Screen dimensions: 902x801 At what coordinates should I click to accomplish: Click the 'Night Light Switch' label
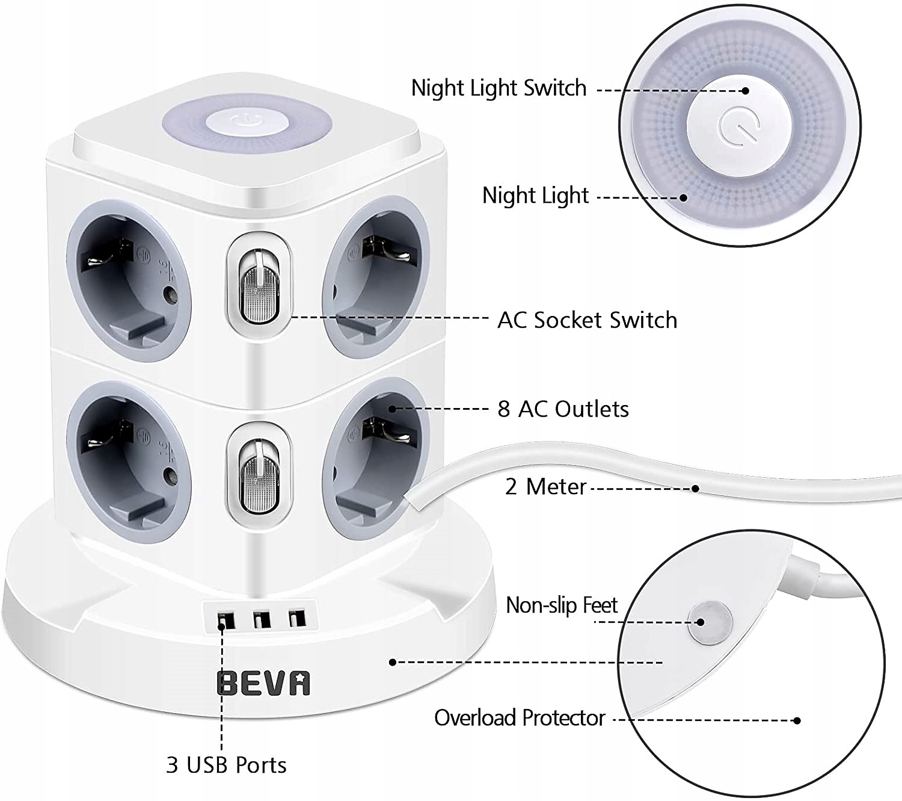pyautogui.click(x=499, y=88)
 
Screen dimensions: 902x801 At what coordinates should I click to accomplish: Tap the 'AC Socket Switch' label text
pyautogui.click(x=587, y=320)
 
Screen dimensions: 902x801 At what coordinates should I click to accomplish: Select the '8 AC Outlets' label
pyautogui.click(x=563, y=409)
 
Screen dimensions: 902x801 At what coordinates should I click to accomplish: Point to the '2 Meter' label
pyautogui.click(x=545, y=487)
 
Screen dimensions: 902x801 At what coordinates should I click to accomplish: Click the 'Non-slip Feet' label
pyautogui.click(x=561, y=605)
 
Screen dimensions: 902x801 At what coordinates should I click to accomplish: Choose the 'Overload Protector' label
pyautogui.click(x=520, y=718)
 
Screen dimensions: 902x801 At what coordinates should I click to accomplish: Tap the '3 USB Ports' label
pyautogui.click(x=226, y=765)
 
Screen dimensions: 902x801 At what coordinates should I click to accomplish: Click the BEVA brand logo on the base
pyautogui.click(x=263, y=684)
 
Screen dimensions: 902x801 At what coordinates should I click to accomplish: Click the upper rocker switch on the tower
pyautogui.click(x=259, y=286)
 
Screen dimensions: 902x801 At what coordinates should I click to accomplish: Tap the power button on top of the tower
pyautogui.click(x=247, y=121)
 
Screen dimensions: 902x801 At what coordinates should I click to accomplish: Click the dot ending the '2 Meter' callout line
pyautogui.click(x=695, y=488)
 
